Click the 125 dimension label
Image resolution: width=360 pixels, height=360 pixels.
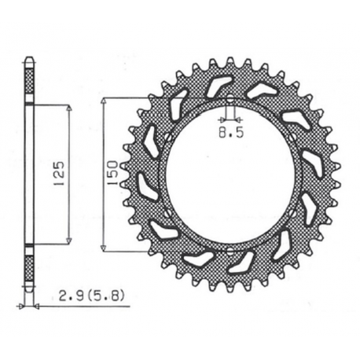[59, 174]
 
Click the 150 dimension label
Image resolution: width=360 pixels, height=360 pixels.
[113, 173]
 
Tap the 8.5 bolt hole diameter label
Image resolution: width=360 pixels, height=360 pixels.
[231, 133]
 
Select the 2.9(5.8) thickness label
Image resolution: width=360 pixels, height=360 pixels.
[90, 297]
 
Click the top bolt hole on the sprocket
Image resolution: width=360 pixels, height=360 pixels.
[230, 99]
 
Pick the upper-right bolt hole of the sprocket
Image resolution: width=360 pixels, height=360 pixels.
[292, 137]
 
